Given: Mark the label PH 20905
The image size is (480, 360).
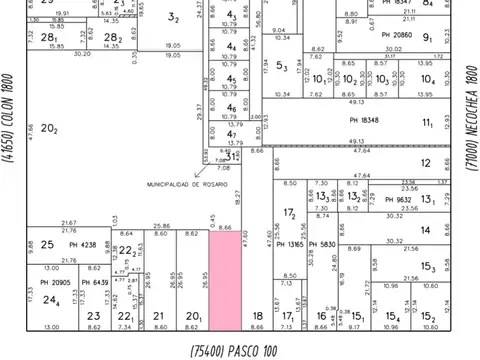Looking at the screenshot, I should [x=56, y=282].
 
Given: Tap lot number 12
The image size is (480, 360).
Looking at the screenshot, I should [x=426, y=162].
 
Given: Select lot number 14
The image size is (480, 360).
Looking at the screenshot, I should [x=426, y=230].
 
